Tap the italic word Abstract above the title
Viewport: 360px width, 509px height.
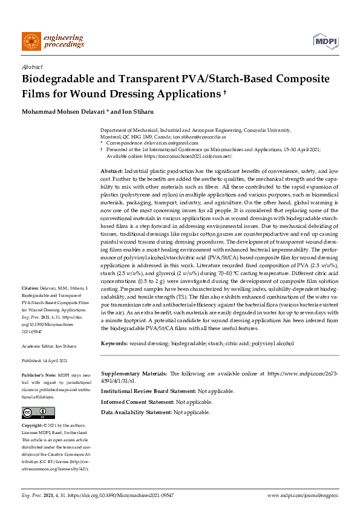[31, 68]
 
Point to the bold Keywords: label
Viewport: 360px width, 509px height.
[114, 343]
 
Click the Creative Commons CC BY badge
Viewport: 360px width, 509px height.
[36, 413]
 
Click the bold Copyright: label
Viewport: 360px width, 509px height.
[34, 426]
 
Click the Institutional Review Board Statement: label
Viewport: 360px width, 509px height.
[148, 391]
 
